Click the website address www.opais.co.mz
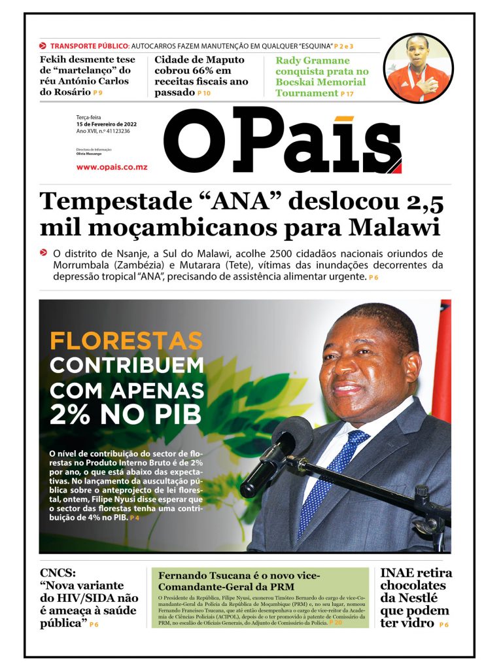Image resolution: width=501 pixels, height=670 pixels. tap(111, 167)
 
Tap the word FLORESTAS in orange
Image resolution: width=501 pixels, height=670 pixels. tap(126, 341)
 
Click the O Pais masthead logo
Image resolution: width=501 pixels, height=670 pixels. tap(282, 141)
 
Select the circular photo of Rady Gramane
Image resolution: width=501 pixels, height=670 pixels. tap(418, 68)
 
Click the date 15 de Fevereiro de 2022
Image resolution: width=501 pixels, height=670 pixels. tap(106, 124)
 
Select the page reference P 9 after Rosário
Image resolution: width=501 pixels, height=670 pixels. tap(98, 93)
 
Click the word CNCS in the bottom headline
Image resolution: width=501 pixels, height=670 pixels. tap(58, 573)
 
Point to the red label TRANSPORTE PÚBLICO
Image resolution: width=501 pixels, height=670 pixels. tap(90, 46)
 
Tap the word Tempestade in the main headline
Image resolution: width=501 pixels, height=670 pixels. tap(109, 201)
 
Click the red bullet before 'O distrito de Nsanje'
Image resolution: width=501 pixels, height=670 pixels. tap(43, 253)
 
